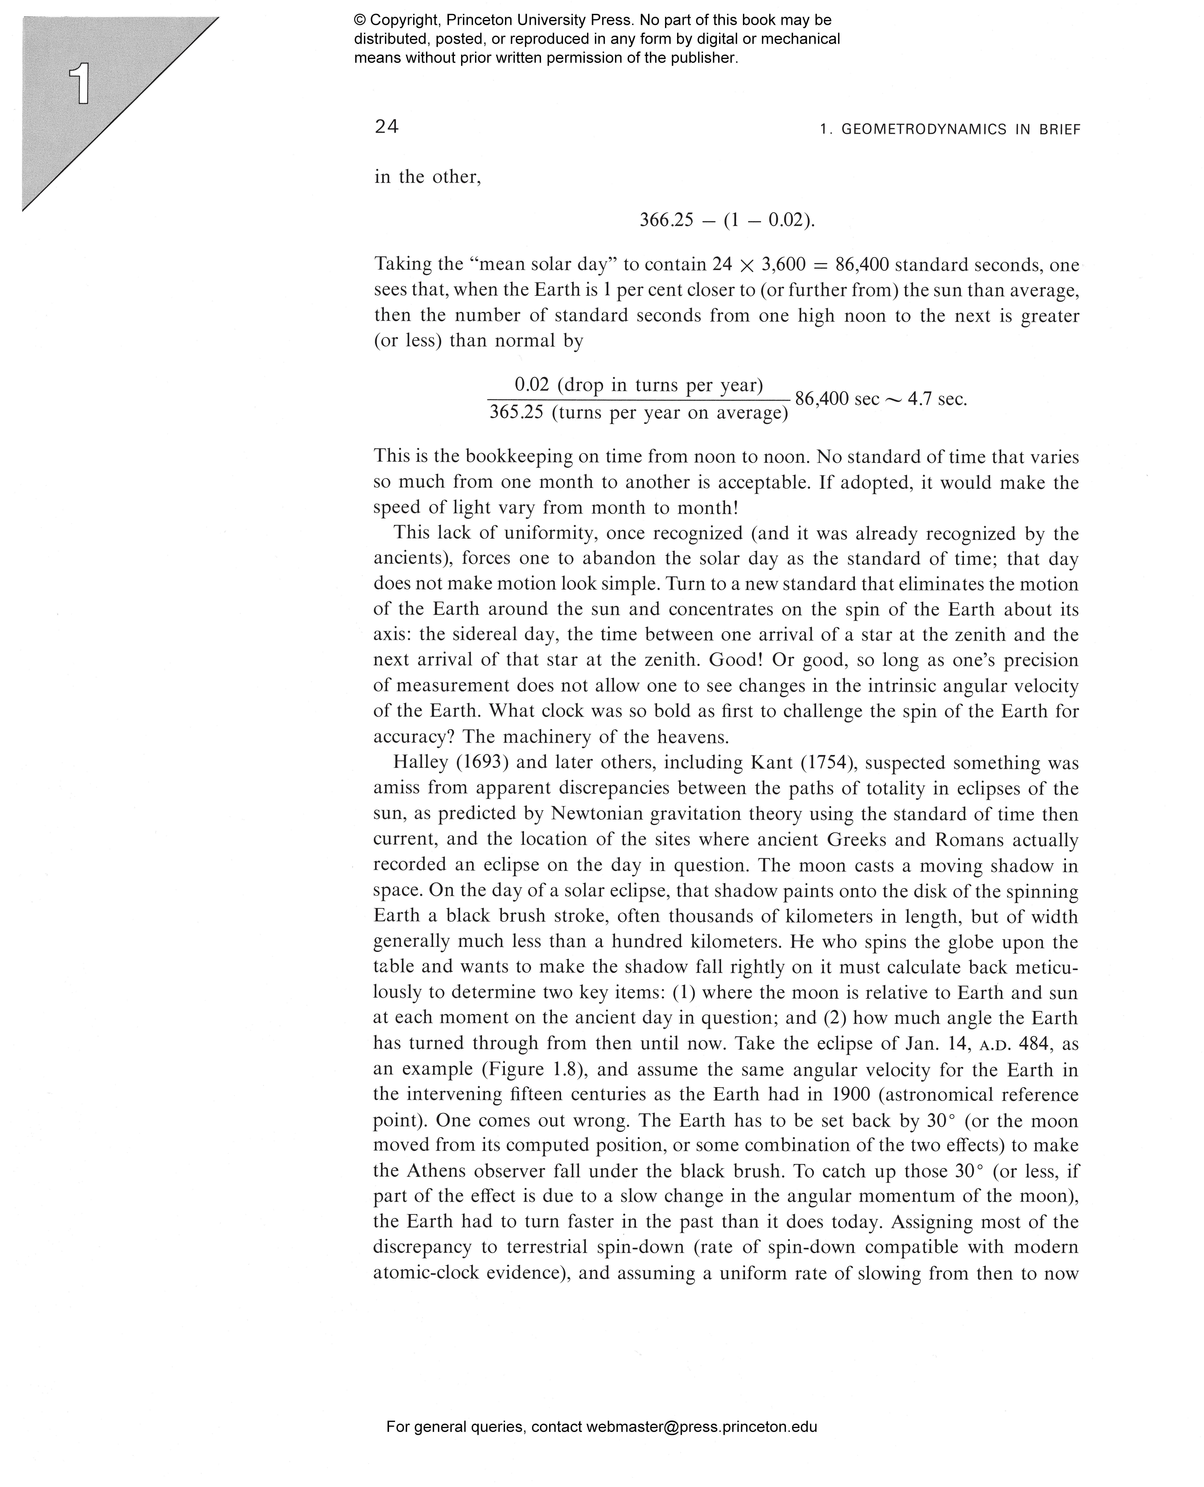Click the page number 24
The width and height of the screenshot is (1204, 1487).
(386, 127)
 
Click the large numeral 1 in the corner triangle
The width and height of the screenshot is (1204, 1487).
(81, 83)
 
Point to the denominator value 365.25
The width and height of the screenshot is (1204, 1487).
(516, 413)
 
